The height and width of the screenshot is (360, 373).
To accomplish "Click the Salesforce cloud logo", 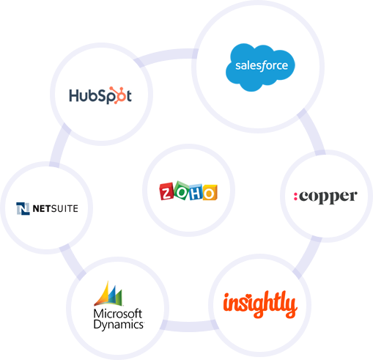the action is [260, 67].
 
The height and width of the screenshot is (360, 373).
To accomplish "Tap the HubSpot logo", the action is [100, 95].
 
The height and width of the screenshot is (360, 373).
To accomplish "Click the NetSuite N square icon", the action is [23, 209].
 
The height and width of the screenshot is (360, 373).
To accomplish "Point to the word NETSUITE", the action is [56, 209].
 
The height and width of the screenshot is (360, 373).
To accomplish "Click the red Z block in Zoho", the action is [167, 191].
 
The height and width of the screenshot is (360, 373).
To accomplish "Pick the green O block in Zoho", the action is [182, 191].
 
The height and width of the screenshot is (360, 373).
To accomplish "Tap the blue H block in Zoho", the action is [196, 192].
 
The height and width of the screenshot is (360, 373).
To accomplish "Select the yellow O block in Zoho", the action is [210, 193].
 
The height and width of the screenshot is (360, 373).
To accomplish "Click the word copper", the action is [328, 197].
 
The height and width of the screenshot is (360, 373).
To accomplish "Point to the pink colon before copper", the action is [295, 196].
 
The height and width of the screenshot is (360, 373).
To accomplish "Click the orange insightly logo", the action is [260, 304].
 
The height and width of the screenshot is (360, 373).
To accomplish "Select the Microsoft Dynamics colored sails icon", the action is [108, 294].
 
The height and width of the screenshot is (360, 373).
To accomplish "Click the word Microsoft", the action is [118, 313].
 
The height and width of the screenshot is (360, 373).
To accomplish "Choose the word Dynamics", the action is [119, 325].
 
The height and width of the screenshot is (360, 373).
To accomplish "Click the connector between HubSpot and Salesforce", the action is [166, 55].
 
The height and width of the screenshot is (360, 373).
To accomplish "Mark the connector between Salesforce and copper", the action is [312, 131].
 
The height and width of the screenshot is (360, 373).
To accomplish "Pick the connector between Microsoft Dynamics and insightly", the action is [188, 326].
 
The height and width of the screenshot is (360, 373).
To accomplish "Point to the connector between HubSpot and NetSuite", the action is [59, 144].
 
